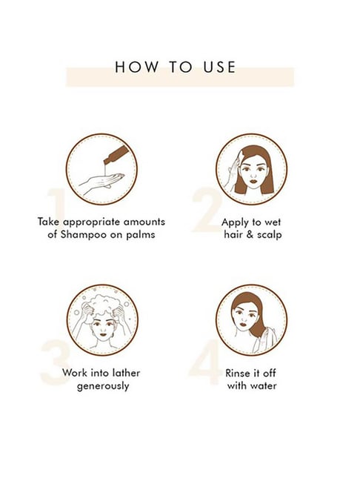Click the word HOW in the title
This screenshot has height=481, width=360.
click(137, 67)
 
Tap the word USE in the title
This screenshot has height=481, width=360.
click(219, 67)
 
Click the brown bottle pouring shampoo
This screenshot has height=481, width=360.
click(115, 155)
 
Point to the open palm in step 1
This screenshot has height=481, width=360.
click(102, 182)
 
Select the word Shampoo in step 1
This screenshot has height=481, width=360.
click(82, 235)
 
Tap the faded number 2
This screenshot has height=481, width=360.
click(207, 209)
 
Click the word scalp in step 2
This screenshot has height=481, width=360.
click(269, 235)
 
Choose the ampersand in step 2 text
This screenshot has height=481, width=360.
click(250, 235)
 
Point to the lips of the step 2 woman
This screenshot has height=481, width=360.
click(253, 180)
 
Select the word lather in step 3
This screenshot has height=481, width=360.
click(126, 373)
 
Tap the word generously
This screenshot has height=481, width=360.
click(103, 386)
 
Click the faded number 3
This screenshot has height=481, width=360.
click(56, 362)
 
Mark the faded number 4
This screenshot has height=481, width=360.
click(205, 362)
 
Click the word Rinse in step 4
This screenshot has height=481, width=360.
click(237, 373)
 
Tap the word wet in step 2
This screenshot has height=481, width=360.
click(273, 222)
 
